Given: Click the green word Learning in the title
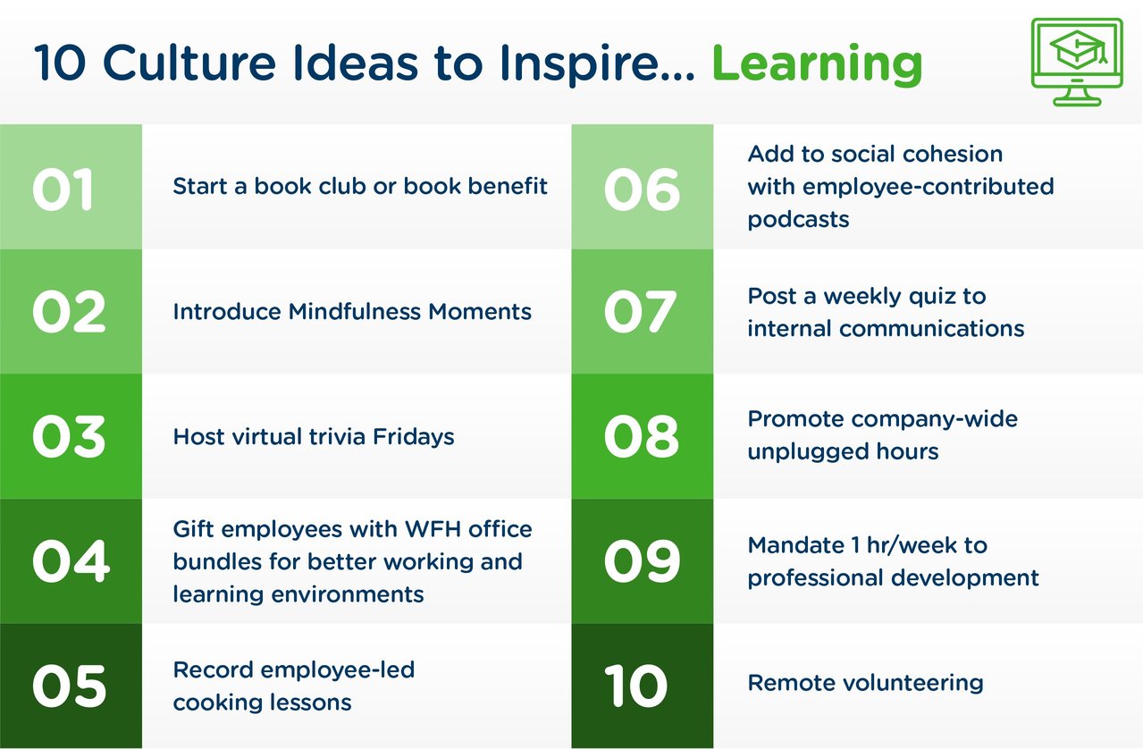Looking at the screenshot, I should [816, 64].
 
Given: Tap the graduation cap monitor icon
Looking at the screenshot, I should [1076, 62].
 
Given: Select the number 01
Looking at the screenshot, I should [63, 189].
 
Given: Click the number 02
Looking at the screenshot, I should [68, 312].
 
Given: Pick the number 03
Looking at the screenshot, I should [69, 437].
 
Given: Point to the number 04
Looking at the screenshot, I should [71, 561].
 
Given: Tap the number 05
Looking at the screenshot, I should [69, 686].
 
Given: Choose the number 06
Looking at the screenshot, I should [641, 189].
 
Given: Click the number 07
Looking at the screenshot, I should [640, 312].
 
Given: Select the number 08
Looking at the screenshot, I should [641, 437].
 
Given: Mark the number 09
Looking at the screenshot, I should [641, 561].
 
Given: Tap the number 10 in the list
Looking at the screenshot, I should [635, 686].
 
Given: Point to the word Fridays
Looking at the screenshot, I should [413, 437].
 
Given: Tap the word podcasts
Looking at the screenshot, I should [798, 219].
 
